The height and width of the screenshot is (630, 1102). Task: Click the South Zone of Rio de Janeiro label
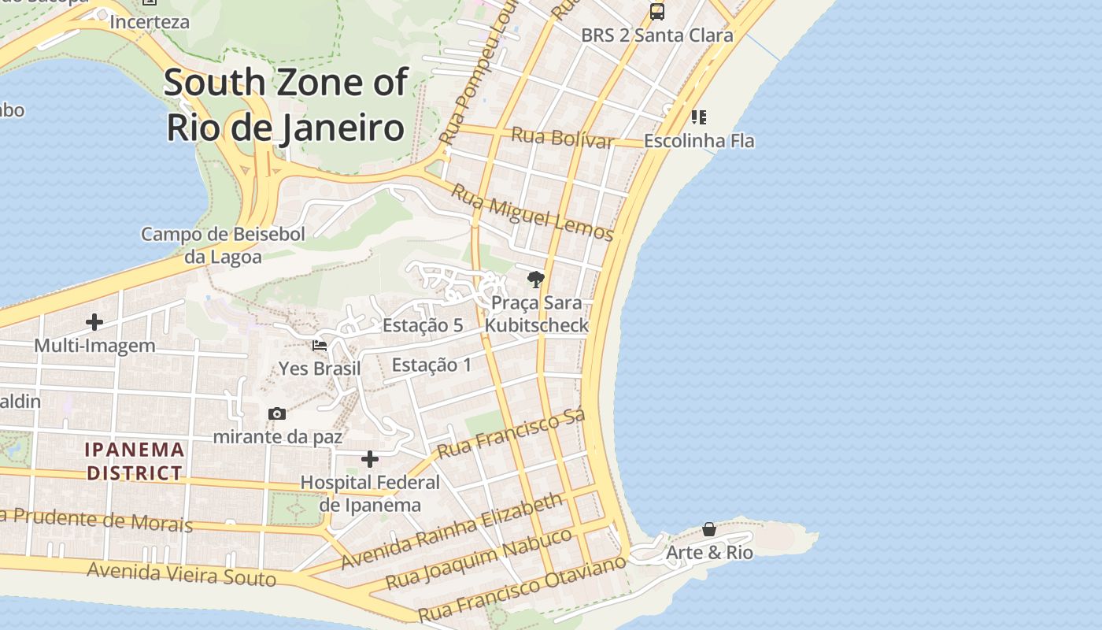point(286,105)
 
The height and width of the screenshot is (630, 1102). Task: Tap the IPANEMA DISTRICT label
point(135,461)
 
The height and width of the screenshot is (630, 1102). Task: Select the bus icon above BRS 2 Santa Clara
point(656,12)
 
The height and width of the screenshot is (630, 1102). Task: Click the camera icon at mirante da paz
point(276,414)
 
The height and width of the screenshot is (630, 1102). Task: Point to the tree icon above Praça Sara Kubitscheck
point(536,280)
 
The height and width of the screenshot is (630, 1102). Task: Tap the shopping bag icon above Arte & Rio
point(709,529)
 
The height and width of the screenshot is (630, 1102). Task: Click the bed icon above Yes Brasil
point(320,346)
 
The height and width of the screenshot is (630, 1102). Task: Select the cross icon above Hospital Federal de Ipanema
point(370,459)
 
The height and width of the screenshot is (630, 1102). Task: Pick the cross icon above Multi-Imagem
point(94,322)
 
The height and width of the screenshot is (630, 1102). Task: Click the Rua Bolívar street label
point(562,138)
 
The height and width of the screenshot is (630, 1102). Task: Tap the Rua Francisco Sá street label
point(512,434)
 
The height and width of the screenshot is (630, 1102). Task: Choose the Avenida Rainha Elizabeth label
point(453,531)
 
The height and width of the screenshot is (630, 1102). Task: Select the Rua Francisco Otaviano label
point(522,587)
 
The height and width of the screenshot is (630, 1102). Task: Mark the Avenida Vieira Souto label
point(181,574)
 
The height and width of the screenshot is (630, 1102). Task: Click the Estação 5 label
point(423,325)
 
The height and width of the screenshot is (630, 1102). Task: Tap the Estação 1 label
point(431,365)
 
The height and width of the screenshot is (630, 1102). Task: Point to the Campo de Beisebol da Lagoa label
point(223,245)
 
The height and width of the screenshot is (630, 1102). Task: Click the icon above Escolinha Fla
point(698,117)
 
